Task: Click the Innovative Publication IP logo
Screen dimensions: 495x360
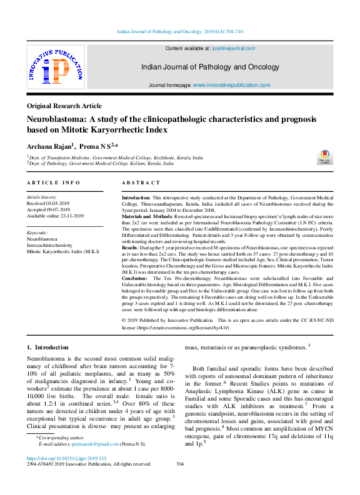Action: click(55, 68)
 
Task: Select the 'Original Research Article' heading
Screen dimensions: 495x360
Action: click(64, 106)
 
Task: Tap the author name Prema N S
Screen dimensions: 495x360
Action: click(94, 146)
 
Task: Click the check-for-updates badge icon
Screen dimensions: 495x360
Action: click(324, 156)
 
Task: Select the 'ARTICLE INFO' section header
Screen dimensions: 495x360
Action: click(53, 182)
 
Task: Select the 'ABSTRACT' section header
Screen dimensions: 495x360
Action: click(141, 182)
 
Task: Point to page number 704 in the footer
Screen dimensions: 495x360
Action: click(180, 464)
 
